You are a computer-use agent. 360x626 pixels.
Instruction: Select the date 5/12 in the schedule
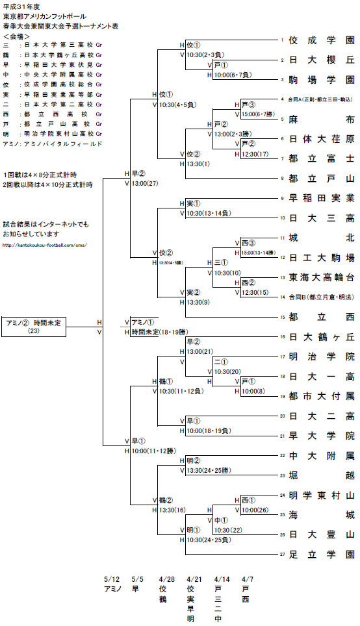tap(112, 579)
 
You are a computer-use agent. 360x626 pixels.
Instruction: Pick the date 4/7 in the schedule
tap(248, 579)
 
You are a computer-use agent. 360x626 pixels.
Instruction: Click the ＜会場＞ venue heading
tap(17, 37)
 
